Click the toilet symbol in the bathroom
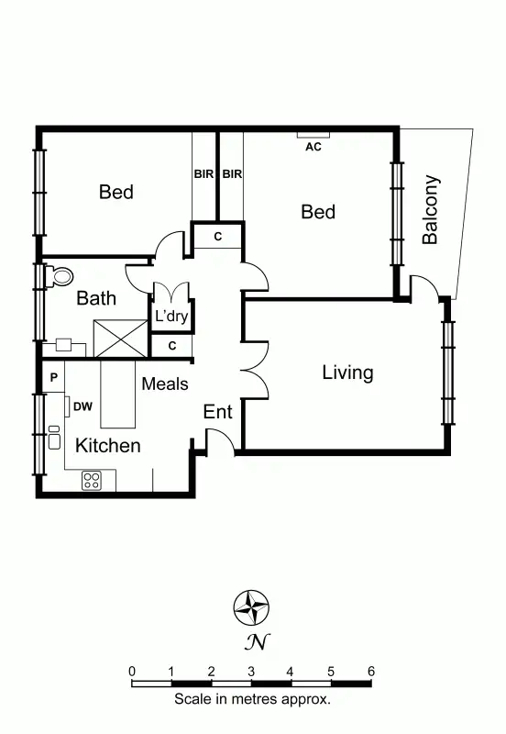61,275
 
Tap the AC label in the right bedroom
313,146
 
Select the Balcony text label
430,209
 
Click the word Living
347,373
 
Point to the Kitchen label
107,446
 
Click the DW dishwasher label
82,406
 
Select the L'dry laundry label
170,317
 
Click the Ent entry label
217,412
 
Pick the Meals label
165,384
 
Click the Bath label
95,298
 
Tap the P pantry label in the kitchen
54,377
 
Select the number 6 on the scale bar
370,672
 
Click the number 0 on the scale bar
132,672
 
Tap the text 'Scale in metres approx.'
252,699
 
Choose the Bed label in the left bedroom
115,192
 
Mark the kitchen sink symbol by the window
54,438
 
